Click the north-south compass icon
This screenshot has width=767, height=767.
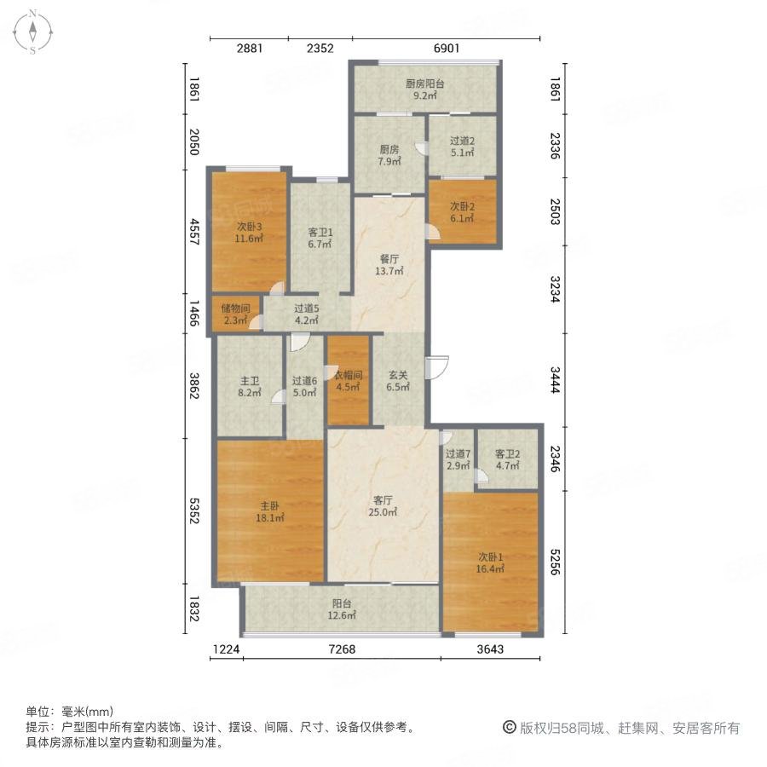(32, 32)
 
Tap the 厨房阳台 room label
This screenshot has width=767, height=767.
(425, 84)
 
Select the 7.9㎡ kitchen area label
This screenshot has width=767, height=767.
(389, 161)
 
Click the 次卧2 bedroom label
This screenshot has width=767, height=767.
(462, 207)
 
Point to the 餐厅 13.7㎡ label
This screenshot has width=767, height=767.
(389, 265)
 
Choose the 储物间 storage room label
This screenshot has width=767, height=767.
(236, 309)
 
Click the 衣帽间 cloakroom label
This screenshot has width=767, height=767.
(349, 375)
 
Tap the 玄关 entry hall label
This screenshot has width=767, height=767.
(398, 375)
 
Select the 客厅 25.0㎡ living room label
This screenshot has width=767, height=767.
(383, 506)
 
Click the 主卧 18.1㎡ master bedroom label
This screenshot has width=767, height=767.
(269, 511)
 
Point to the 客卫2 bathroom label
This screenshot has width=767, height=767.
(508, 454)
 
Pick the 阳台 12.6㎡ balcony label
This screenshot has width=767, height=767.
(342, 609)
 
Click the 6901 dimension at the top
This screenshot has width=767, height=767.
(447, 48)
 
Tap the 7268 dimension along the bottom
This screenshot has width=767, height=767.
(342, 649)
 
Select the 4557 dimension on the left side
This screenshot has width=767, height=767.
(194, 232)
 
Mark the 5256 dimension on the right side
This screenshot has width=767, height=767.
(555, 562)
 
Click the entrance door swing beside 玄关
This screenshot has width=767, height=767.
(437, 367)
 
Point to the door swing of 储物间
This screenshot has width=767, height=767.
(257, 321)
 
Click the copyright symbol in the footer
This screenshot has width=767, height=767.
(510, 728)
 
